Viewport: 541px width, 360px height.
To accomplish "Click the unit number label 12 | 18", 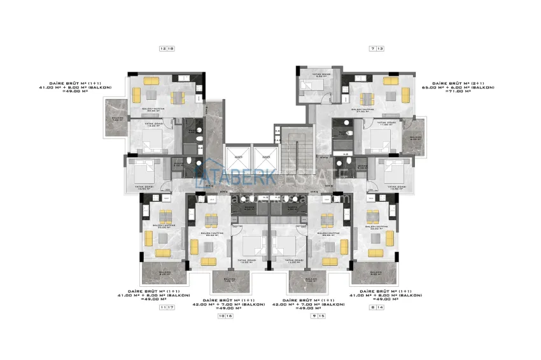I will [168, 48].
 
